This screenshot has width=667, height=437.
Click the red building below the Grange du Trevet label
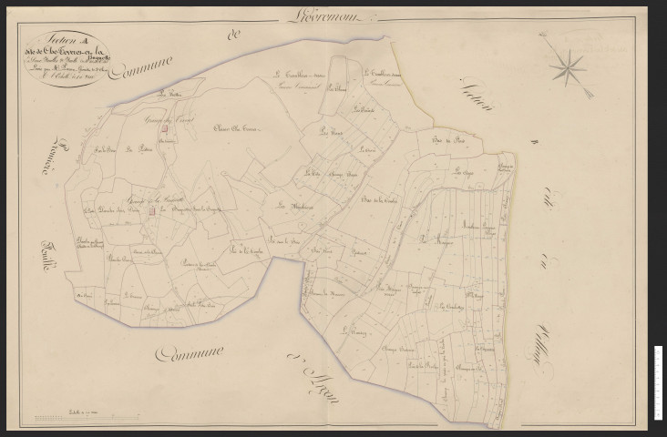point(166,140)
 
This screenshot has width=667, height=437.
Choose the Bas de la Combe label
point(382,200)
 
